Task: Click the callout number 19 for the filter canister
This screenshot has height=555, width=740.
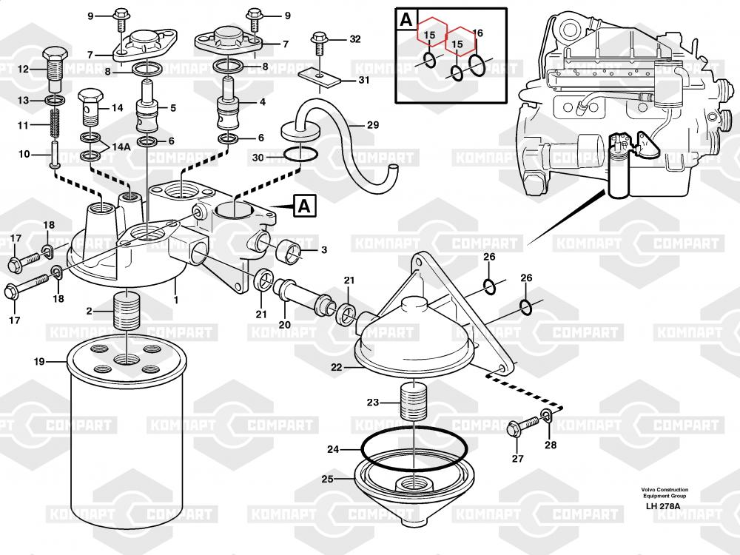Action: (39, 362)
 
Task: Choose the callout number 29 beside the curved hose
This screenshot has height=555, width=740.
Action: (372, 125)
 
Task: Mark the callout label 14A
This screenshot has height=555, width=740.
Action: (121, 147)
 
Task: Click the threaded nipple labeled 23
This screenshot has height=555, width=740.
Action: (409, 403)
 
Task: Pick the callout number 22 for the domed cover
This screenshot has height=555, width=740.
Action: (336, 367)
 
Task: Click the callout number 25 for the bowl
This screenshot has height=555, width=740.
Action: (327, 479)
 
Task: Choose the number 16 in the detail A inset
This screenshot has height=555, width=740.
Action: (477, 33)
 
